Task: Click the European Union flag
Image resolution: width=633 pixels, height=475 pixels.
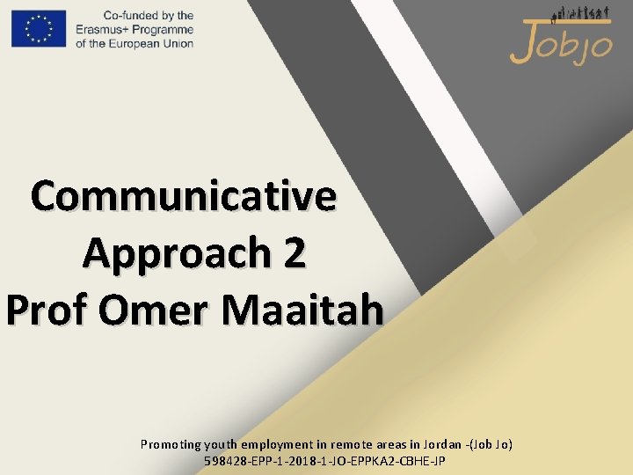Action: [39, 28]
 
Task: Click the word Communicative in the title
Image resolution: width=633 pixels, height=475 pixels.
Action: [184, 195]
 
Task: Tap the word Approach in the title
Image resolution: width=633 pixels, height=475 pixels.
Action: [176, 253]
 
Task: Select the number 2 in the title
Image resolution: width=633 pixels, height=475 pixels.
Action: [295, 253]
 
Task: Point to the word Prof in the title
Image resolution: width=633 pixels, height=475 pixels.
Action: [47, 310]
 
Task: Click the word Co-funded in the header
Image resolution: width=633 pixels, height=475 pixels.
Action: [127, 16]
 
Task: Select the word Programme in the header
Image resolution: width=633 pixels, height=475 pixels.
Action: [165, 29]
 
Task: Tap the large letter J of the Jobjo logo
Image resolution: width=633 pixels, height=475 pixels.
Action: [521, 42]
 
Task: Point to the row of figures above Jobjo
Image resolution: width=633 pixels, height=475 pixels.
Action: [579, 13]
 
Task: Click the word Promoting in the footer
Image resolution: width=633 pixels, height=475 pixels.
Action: [171, 444]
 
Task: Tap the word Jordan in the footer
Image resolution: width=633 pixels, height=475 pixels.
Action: [444, 444]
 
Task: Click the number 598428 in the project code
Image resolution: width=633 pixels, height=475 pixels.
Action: [223, 460]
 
